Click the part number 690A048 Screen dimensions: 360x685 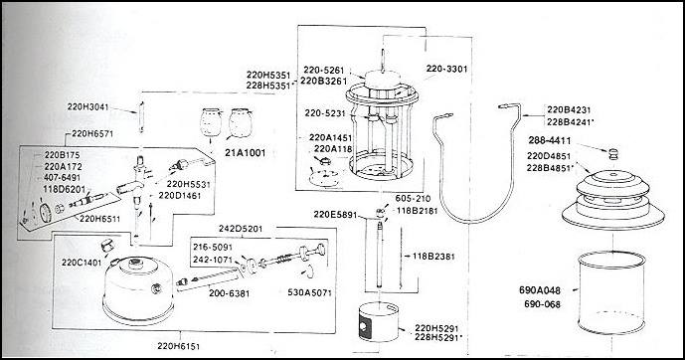[x=542, y=290]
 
